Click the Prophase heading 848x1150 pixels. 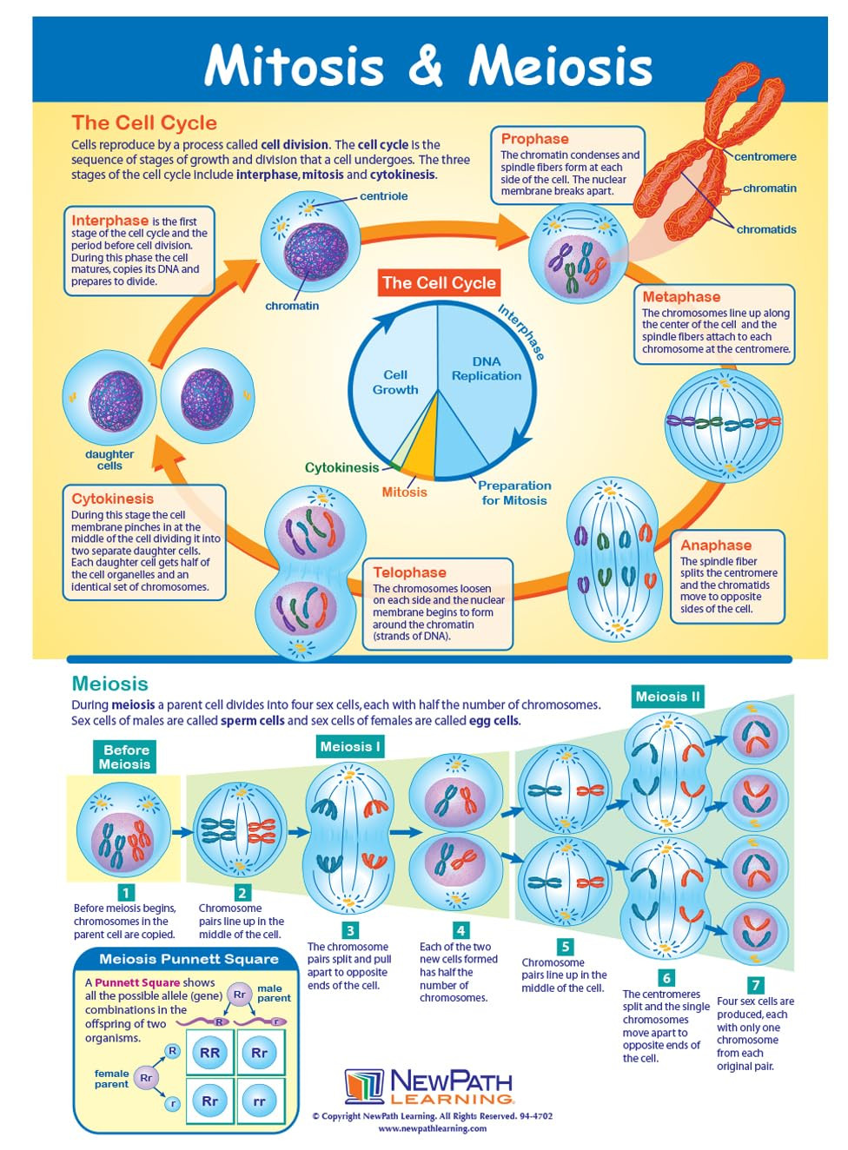[534, 139]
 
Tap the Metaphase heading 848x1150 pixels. [680, 297]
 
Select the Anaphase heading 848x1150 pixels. [715, 545]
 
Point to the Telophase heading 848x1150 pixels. [408, 572]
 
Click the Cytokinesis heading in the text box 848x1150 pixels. [112, 499]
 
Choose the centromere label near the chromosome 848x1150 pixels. [765, 157]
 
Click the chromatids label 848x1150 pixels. [765, 230]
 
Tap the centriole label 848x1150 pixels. [383, 196]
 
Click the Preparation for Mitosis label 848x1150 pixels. [513, 492]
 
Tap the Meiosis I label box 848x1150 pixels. [349, 747]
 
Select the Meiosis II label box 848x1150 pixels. [666, 697]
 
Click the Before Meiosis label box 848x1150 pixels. [125, 757]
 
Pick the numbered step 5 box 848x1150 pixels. [565, 946]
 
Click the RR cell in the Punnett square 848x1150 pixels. [210, 1053]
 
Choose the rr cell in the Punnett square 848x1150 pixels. [259, 1100]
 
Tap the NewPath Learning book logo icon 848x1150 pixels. [364, 1087]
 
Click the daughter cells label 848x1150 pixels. [109, 459]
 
